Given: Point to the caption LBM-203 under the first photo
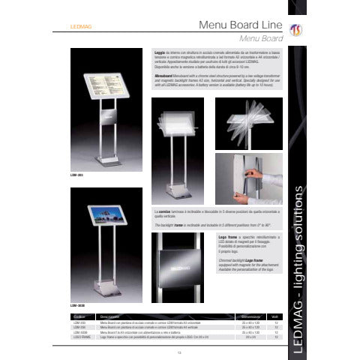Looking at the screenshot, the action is coord(76,174).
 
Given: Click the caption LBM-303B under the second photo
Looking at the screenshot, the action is coord(77,306).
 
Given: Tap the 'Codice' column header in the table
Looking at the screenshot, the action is coord(78,317).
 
